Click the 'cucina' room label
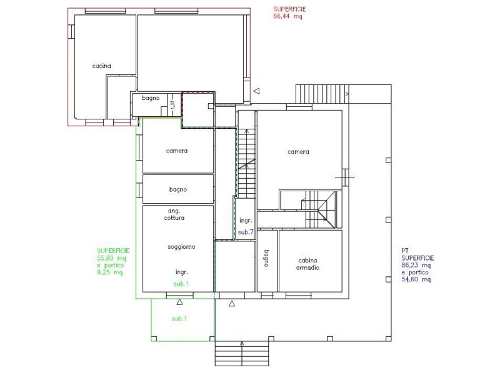tap(102, 66)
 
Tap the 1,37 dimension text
tap(172, 106)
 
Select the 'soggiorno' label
tap(181, 247)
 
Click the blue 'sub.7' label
tap(245, 232)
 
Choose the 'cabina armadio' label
tap(309, 264)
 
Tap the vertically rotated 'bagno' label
tap(266, 259)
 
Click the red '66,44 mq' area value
tap(287, 17)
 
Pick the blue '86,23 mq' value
tap(416, 265)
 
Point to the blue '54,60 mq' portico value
tap(416, 279)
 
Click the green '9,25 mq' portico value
tap(109, 272)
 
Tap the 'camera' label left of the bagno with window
tap(177, 151)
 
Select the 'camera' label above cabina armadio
tap(298, 152)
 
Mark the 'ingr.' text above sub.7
tap(245, 221)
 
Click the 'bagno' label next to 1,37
tap(151, 98)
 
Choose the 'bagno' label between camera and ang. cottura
tap(178, 189)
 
